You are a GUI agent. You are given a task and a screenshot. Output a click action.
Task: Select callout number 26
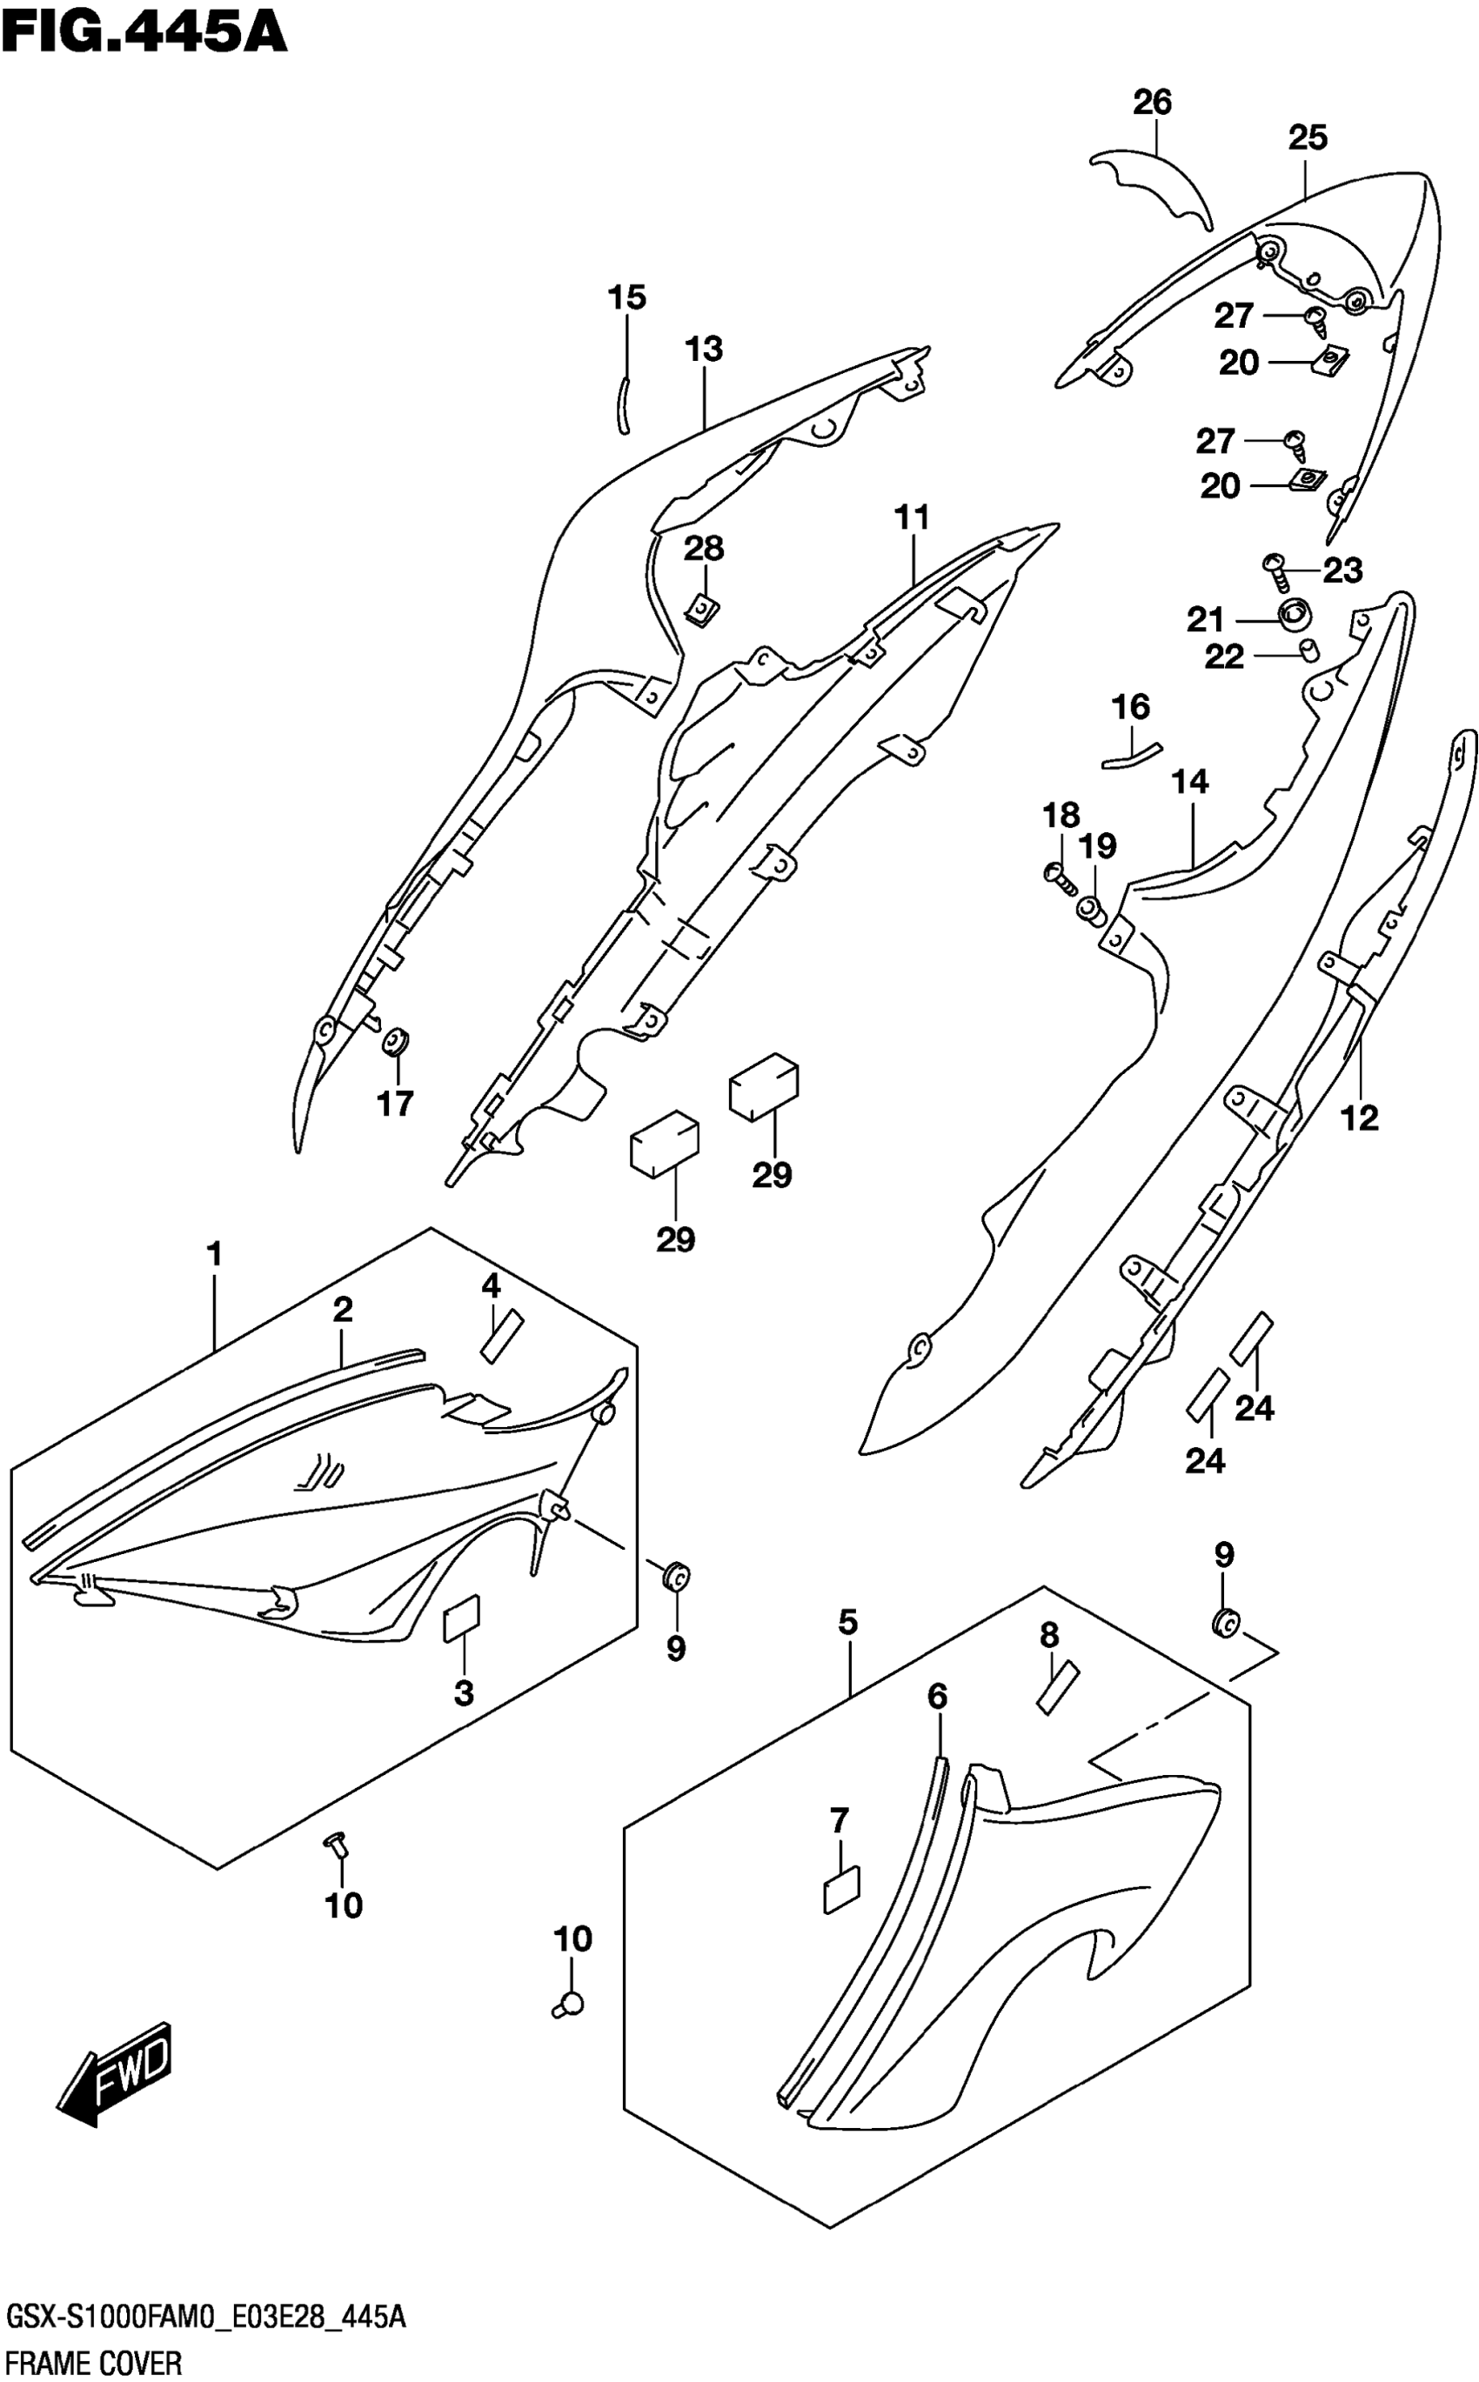click(1152, 103)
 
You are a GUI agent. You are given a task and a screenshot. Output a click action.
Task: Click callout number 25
click(1307, 138)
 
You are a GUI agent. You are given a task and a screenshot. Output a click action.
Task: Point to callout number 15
click(627, 297)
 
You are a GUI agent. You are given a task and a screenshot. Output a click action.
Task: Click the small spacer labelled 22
click(1307, 651)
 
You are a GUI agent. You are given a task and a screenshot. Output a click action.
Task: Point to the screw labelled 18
click(1060, 875)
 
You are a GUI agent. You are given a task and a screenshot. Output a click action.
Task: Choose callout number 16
click(1131, 706)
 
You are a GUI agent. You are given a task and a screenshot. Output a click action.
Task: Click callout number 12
click(1360, 1117)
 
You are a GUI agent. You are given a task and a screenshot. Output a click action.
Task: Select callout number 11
click(912, 517)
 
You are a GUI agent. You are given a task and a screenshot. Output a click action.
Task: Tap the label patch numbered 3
click(462, 1622)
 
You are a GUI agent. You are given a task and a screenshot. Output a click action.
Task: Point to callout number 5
click(847, 1622)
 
